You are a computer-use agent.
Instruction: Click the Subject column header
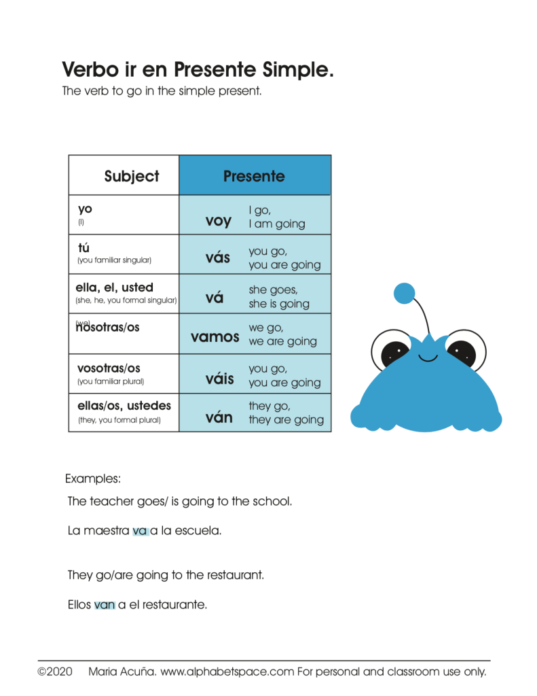[x=132, y=177]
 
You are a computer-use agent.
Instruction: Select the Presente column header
[x=254, y=177]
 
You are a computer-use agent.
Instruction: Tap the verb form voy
[x=218, y=221]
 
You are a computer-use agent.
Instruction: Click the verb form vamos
[x=215, y=337]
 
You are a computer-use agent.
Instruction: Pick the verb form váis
[x=219, y=379]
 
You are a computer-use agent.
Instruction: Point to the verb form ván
[x=219, y=417]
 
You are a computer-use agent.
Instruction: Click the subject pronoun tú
[x=84, y=248]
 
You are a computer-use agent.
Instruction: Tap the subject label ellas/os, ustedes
[x=124, y=406]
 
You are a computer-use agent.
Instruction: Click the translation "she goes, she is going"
[x=278, y=297]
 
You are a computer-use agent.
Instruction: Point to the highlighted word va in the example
[x=140, y=531]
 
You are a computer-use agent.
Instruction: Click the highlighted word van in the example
[x=105, y=604]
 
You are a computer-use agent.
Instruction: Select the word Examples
[x=93, y=478]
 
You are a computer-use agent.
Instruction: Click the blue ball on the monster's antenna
[x=404, y=293]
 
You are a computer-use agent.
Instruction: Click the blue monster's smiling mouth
[x=428, y=357]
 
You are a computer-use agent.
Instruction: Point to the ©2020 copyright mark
[x=55, y=672]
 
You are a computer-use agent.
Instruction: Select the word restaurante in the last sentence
[x=174, y=604]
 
